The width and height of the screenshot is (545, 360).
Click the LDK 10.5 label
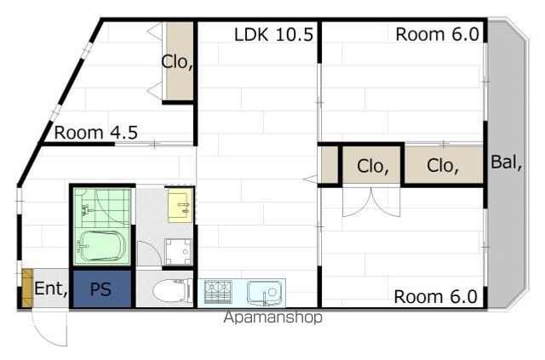[x=273, y=35]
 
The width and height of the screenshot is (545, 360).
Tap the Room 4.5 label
[x=96, y=133]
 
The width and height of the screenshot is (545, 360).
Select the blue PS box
[x=102, y=289]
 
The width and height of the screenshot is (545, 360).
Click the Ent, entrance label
[x=51, y=288]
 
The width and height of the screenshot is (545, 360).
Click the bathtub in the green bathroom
[x=100, y=246]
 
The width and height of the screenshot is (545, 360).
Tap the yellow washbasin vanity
[x=180, y=205]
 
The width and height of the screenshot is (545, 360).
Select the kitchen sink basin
[x=265, y=293]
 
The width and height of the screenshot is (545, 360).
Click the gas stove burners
[x=218, y=292]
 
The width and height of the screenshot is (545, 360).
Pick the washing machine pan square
[x=178, y=251]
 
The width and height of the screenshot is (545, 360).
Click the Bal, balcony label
[x=506, y=163]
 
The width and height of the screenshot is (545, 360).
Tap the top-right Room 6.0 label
[x=437, y=34]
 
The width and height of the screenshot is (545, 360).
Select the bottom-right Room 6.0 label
[x=435, y=297]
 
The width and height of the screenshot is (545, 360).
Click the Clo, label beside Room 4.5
[x=177, y=62]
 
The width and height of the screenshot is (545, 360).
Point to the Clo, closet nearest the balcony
[x=444, y=165]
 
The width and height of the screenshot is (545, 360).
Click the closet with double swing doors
[x=371, y=165]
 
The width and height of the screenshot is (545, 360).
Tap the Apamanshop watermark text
[x=272, y=317]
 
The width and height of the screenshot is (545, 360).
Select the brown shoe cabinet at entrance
[x=27, y=288]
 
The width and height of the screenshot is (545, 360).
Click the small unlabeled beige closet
[x=329, y=165]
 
